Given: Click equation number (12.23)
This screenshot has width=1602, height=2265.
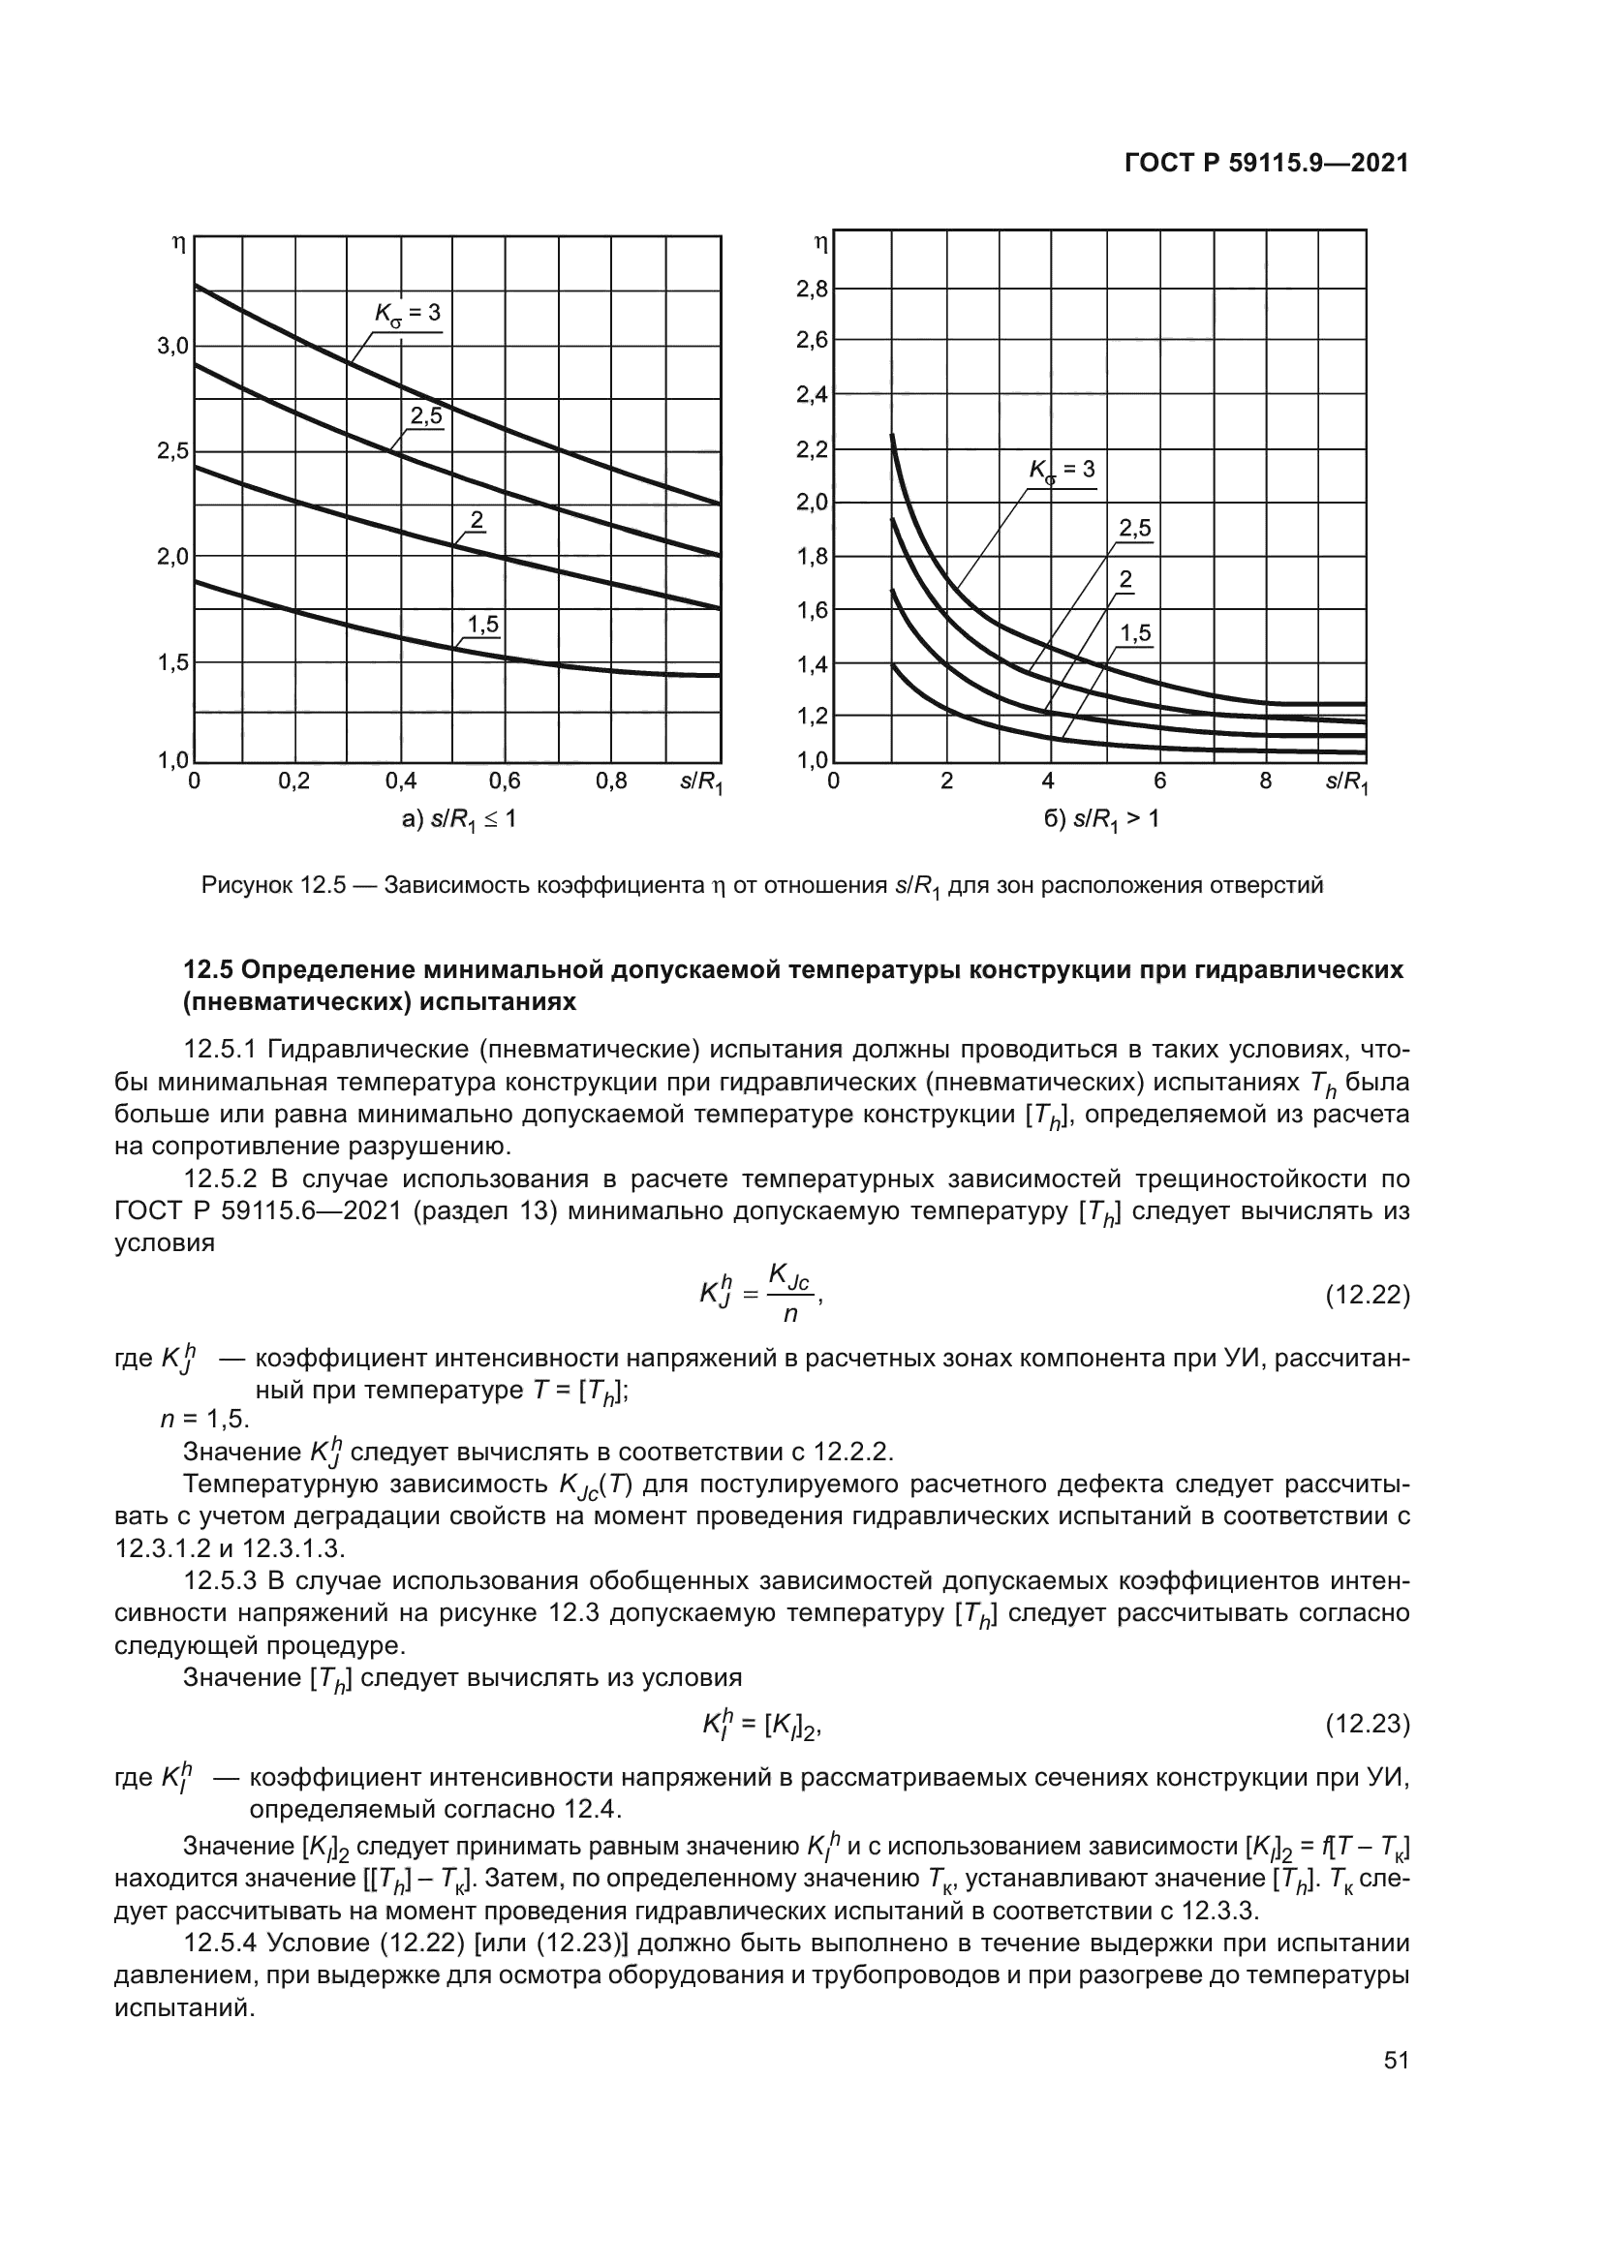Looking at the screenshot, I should click(1367, 1725).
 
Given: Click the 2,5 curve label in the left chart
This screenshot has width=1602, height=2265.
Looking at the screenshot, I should click(426, 416).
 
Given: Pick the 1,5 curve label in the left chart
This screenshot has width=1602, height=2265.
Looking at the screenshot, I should click(482, 624).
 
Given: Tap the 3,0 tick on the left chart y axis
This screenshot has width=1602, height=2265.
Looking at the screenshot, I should click(172, 347).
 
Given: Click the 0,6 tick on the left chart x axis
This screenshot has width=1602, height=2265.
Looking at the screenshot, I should click(504, 781).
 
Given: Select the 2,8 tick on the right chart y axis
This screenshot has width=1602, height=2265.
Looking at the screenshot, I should click(813, 289).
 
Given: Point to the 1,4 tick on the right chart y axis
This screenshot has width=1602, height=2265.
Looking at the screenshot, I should click(813, 664).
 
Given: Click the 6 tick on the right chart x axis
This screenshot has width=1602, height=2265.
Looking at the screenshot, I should click(1159, 781).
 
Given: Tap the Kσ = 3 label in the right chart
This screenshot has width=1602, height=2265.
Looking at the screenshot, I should click(1062, 471).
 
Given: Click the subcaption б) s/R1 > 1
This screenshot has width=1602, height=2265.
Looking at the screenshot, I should click(1101, 819).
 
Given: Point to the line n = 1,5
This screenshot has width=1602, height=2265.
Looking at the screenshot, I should click(205, 1419).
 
